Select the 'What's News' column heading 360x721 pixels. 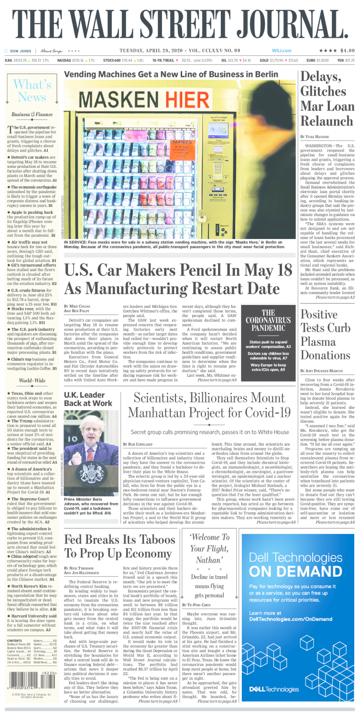[32, 90]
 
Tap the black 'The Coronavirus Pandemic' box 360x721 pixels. [268, 335]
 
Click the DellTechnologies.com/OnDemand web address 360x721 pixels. [291, 619]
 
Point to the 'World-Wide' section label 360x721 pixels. [32, 381]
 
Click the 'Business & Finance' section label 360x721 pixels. [32, 115]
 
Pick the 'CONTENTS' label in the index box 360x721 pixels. [15, 641]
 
